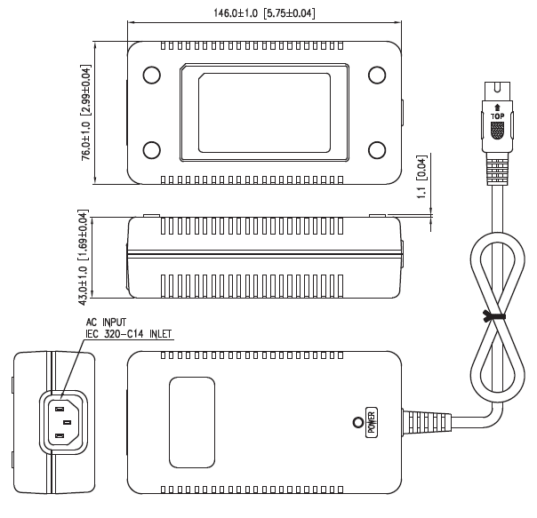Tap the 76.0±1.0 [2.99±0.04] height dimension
tap(86, 112)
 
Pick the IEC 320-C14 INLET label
tap(129, 335)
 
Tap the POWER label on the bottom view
tap(372, 421)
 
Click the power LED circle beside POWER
tap(358, 422)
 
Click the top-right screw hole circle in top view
tap(377, 75)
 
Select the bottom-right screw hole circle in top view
tap(377, 149)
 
